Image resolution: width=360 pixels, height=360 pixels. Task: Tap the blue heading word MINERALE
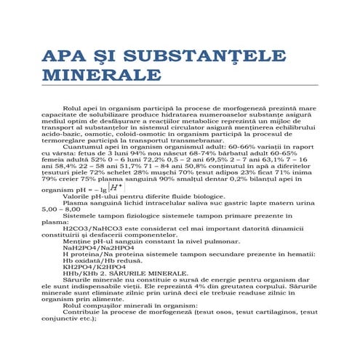pos(102,76)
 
